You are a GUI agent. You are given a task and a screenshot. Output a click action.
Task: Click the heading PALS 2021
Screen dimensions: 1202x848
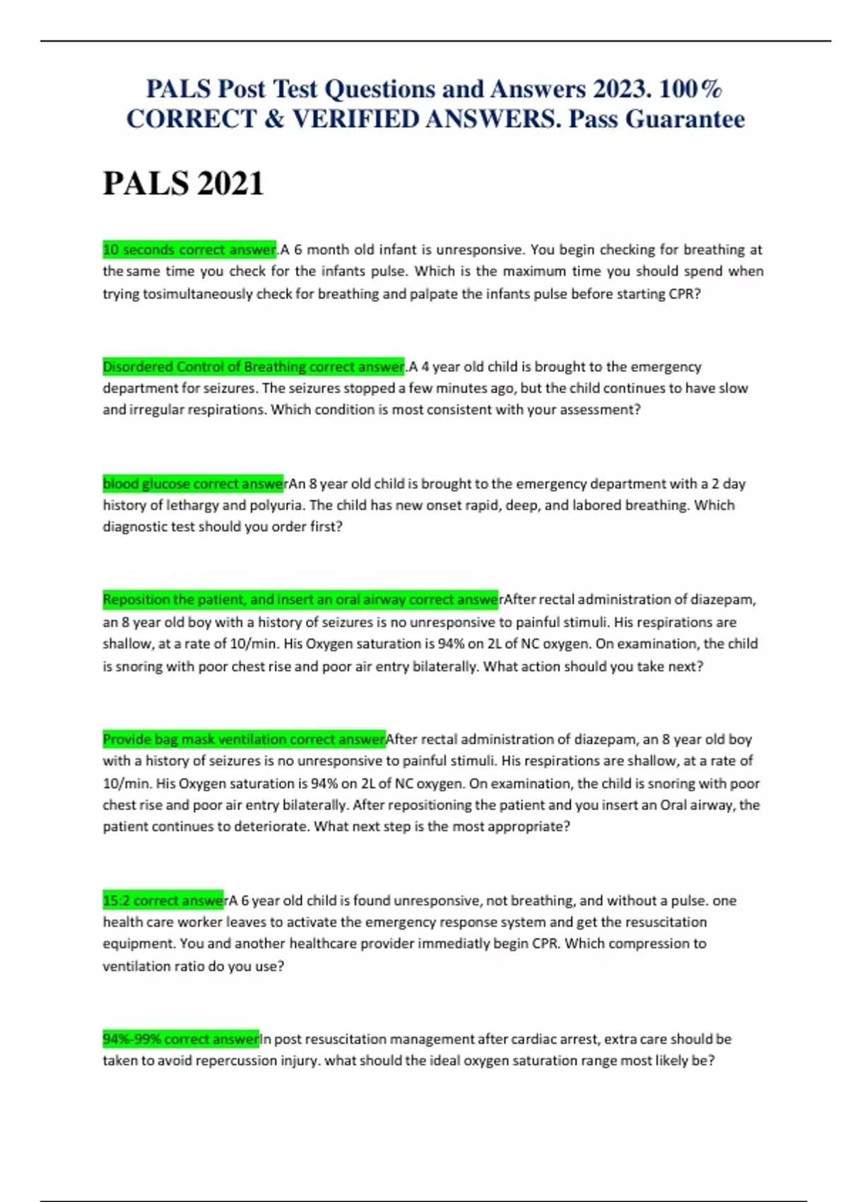(x=183, y=184)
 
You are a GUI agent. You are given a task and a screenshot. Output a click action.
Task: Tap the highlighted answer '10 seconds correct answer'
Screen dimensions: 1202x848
(x=189, y=250)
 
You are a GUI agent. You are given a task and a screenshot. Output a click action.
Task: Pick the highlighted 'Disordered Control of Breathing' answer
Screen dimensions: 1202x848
(x=253, y=367)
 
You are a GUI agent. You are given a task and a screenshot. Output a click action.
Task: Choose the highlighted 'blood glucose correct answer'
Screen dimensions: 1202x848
(x=193, y=484)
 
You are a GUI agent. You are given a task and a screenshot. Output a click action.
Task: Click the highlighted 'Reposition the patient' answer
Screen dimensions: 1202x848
(x=300, y=600)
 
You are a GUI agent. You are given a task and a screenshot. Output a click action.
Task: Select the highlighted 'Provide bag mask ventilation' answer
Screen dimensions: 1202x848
(x=244, y=740)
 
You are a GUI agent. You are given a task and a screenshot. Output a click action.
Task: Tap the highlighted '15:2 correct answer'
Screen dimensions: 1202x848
(x=163, y=901)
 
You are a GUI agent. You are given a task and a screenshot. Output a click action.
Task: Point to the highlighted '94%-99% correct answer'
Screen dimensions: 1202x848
(x=181, y=1039)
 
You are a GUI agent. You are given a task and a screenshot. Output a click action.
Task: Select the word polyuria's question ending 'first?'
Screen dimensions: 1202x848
(x=325, y=527)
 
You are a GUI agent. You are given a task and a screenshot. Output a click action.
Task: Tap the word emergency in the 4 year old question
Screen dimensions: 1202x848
(x=666, y=367)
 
